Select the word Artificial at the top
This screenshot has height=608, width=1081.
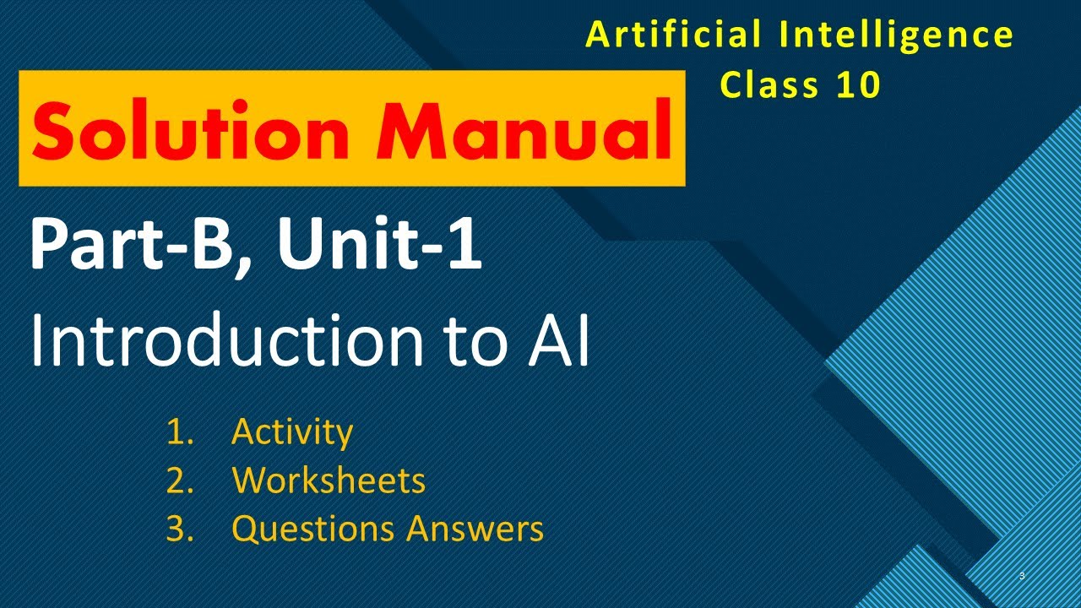pyautogui.click(x=668, y=35)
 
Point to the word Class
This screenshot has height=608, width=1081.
pyautogui.click(x=769, y=84)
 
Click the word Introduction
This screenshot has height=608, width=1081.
pyautogui.click(x=224, y=341)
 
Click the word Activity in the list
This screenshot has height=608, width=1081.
pyautogui.click(x=292, y=432)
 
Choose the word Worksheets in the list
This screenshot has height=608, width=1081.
pyautogui.click(x=329, y=480)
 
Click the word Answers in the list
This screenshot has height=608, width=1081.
pyautogui.click(x=475, y=529)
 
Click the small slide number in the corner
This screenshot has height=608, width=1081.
pyautogui.click(x=1022, y=576)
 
